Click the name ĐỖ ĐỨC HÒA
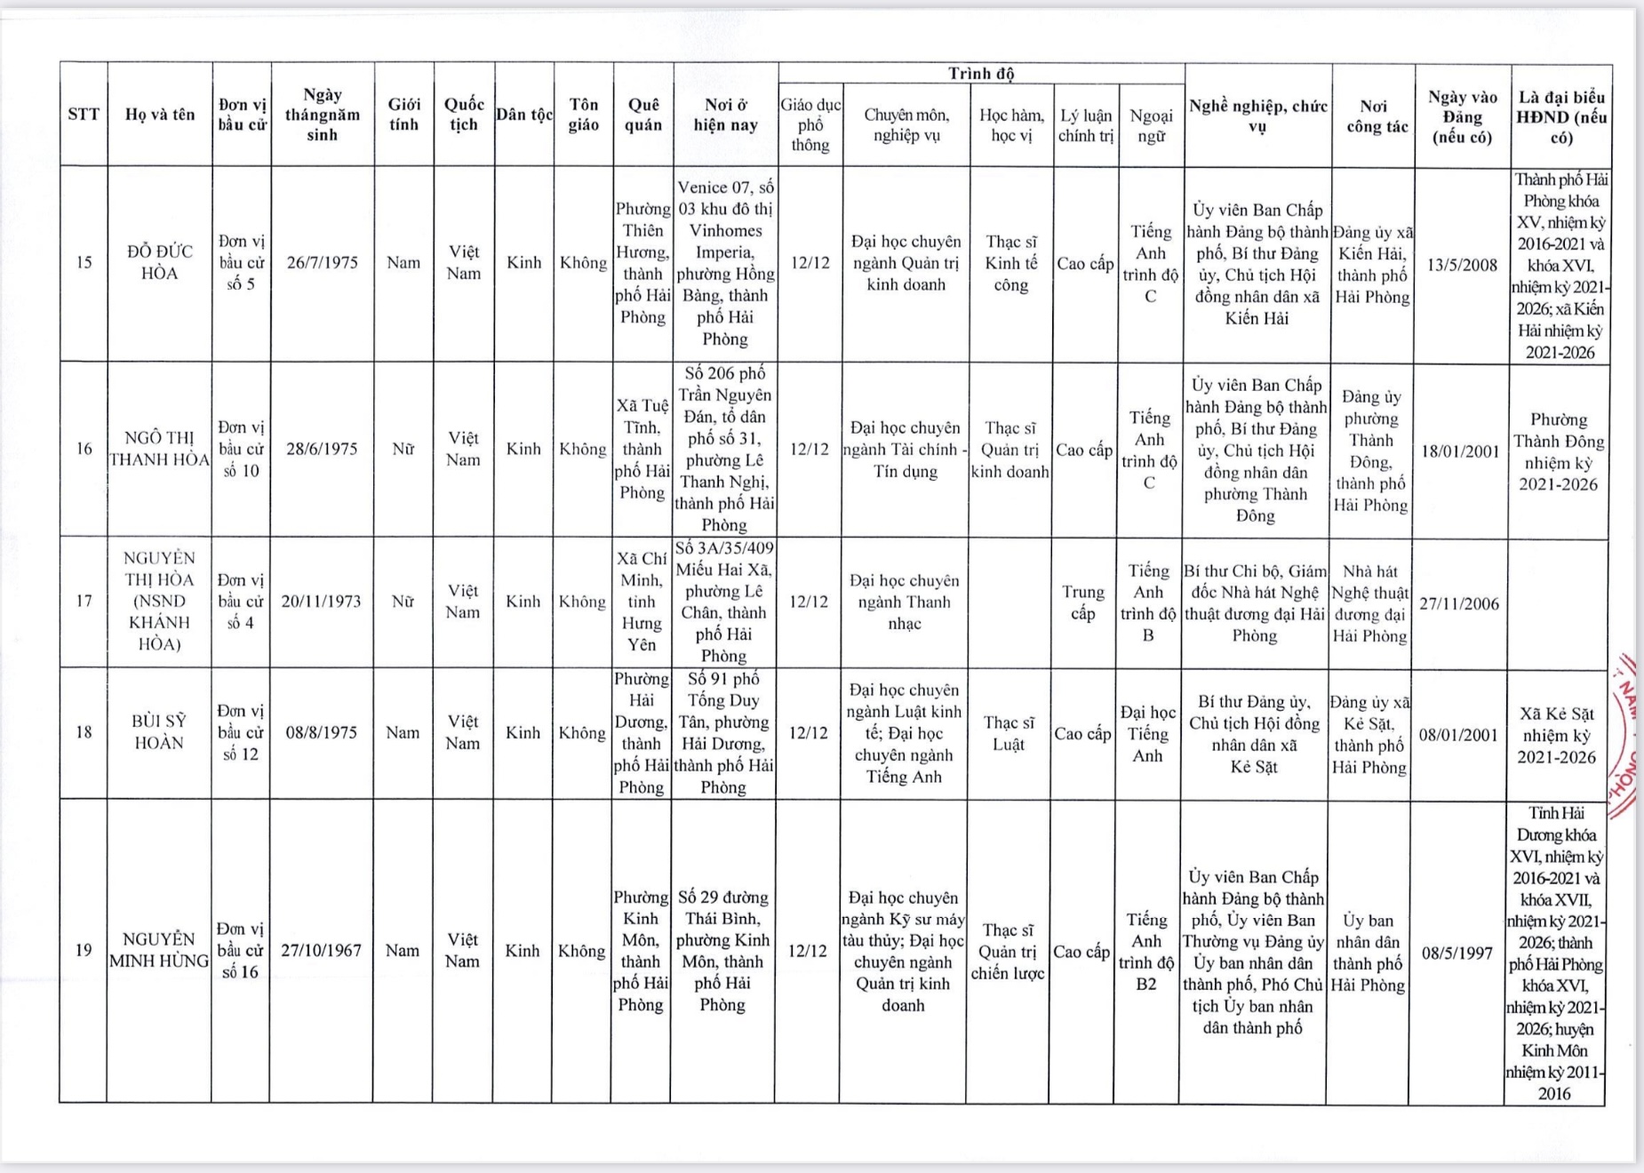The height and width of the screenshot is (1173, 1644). [x=159, y=262]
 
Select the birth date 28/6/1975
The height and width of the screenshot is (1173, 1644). [x=322, y=449]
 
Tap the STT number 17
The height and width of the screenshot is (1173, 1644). [x=84, y=602]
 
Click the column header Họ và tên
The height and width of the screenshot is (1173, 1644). [x=160, y=115]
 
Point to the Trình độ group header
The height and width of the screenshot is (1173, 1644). [x=981, y=74]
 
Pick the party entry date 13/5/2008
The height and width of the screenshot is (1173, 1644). [x=1462, y=265]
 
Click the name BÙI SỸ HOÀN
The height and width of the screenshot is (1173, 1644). [x=159, y=732]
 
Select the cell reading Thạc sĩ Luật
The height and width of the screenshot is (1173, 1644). [x=1009, y=733]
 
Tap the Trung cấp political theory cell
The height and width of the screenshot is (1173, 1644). [x=1082, y=602]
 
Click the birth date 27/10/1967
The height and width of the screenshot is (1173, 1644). [x=321, y=951]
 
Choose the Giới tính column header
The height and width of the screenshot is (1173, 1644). [x=403, y=115]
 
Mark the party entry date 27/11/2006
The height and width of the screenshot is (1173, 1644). [x=1458, y=604]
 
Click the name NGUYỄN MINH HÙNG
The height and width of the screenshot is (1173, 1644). [x=159, y=950]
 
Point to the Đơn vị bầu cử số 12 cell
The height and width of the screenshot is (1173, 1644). [x=241, y=732]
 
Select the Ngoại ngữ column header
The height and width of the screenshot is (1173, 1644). [x=1151, y=125]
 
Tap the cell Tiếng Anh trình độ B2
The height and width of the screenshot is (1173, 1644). [x=1146, y=951]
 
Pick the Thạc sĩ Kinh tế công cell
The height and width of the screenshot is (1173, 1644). [x=1010, y=263]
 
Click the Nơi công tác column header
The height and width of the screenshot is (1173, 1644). [x=1373, y=116]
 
